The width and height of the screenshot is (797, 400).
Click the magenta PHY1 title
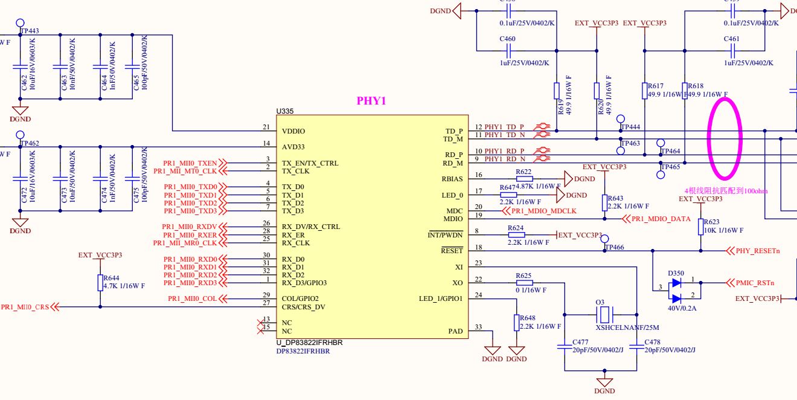click(371, 101)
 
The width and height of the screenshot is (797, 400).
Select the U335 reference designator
click(285, 112)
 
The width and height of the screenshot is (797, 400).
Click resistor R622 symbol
click(525, 179)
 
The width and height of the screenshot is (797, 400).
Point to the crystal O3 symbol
click(605, 314)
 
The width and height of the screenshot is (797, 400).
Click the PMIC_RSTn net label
click(755, 282)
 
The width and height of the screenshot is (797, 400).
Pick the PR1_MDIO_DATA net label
click(661, 219)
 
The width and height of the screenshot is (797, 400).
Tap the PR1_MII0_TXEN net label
click(190, 163)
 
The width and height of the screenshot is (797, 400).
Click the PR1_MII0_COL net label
click(192, 298)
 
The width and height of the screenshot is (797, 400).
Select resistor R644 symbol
click(100, 283)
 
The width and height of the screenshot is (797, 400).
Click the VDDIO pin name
click(293, 131)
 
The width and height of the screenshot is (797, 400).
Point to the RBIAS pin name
click(452, 179)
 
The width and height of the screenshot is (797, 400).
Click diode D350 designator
click(676, 273)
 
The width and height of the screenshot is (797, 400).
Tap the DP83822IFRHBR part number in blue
click(303, 350)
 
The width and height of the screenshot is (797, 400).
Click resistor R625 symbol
click(525, 282)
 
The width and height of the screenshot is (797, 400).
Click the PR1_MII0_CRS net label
click(25, 307)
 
